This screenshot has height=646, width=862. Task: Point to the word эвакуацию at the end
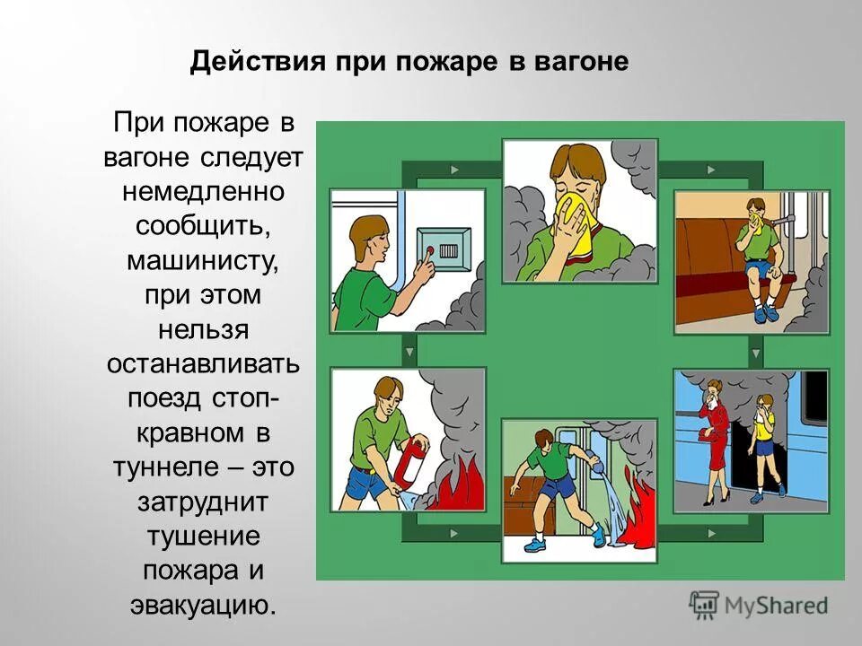(203, 604)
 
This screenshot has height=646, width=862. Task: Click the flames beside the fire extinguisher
(458, 492)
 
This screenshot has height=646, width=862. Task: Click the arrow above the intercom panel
(455, 169)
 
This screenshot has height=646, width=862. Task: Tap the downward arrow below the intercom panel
(408, 351)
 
